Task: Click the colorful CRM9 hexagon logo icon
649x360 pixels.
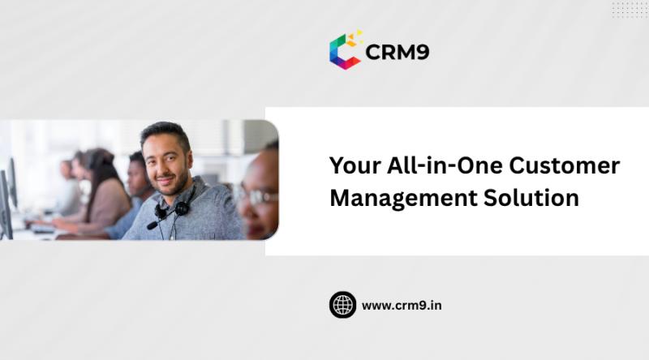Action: click(345, 51)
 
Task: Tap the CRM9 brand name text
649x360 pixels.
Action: click(398, 53)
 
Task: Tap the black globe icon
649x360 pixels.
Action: click(342, 305)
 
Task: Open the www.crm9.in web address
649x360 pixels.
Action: click(402, 306)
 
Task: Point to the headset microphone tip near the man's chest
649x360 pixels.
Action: click(152, 225)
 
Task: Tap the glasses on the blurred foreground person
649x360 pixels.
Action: click(253, 194)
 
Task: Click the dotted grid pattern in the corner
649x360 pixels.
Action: click(630, 10)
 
